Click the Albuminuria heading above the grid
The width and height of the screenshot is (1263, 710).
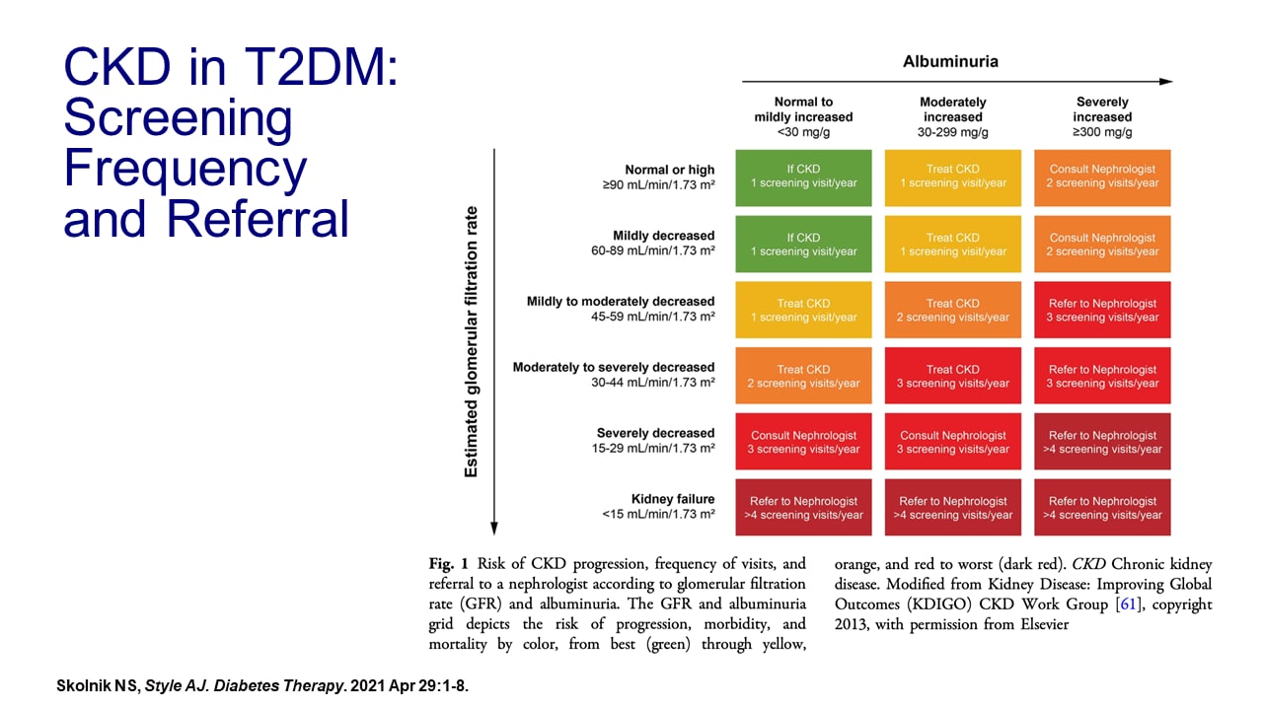tap(950, 61)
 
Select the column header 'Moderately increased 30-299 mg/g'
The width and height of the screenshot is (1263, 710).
tap(952, 116)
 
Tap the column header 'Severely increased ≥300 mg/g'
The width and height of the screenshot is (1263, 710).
tap(1102, 116)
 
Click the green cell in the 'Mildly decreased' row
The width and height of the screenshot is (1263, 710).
tap(803, 245)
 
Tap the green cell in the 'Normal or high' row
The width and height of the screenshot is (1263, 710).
tap(803, 177)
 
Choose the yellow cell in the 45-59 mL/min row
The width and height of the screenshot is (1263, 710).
tap(803, 311)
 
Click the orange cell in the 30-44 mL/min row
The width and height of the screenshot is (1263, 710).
tap(803, 376)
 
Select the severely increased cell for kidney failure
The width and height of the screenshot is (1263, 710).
tap(1102, 508)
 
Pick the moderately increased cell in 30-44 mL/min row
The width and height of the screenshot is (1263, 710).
tap(952, 376)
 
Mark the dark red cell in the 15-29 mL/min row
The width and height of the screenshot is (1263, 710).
tap(1102, 442)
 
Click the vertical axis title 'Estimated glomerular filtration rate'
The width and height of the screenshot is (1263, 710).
tap(471, 341)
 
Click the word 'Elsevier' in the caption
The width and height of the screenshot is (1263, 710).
tap(1034, 624)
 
